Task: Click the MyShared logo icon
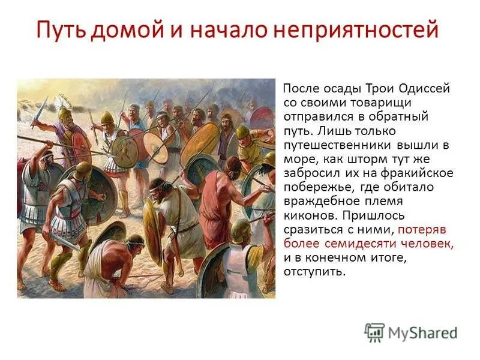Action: click(x=374, y=332)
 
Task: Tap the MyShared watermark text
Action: click(x=422, y=332)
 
